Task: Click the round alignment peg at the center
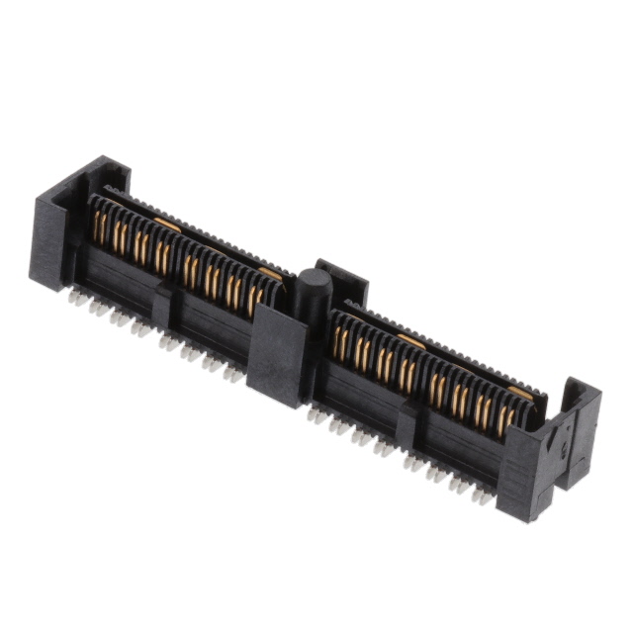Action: (314, 288)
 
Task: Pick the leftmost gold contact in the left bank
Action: (98, 226)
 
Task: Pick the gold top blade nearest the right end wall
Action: (520, 393)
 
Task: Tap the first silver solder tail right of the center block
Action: (316, 415)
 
